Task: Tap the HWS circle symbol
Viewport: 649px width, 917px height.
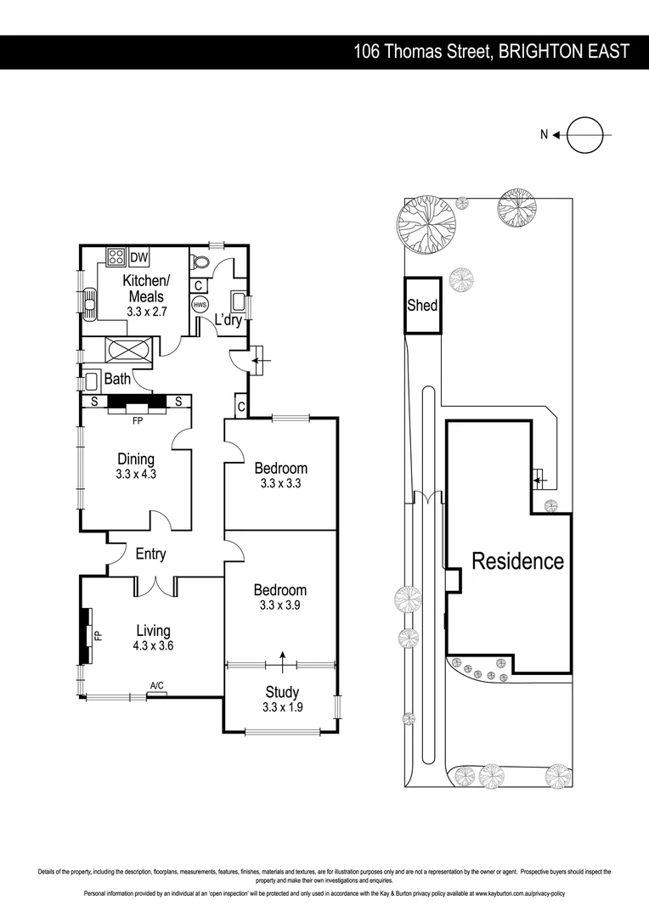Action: pos(200,305)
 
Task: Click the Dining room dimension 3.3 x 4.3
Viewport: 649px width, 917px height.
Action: pos(136,475)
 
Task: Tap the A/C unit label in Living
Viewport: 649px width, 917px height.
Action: pos(156,685)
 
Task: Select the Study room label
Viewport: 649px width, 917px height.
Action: pos(281,692)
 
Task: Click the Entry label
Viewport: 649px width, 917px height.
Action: pos(150,554)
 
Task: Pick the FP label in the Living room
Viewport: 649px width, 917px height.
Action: pos(98,634)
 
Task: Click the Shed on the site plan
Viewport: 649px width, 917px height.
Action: pos(422,305)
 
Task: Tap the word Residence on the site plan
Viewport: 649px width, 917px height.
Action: pos(517,560)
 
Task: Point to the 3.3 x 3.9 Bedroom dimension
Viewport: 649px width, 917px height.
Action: pos(281,605)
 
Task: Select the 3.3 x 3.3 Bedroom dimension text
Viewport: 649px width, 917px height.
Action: pos(281,483)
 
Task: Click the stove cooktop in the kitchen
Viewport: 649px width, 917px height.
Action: pos(116,257)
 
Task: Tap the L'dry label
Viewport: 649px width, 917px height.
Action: pos(229,320)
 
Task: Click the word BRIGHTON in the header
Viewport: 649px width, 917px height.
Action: pos(540,52)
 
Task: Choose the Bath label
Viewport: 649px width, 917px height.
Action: pos(117,379)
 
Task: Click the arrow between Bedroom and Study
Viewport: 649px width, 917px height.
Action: pos(282,659)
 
